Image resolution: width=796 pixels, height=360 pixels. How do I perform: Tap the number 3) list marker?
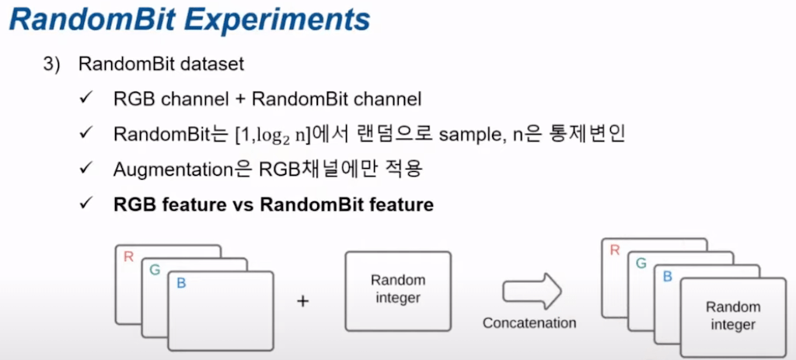coord(52,65)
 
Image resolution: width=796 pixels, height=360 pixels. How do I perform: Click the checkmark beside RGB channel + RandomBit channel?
coord(86,100)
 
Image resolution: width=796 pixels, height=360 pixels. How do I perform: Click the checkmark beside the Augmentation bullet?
coord(86,169)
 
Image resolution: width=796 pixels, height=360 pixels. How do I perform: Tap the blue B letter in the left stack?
coord(181,283)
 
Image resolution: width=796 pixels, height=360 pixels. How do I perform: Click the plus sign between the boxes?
coord(303,300)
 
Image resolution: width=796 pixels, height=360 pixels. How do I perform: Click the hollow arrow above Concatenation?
coord(531,291)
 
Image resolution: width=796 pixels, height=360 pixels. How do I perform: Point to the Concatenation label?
coord(529,322)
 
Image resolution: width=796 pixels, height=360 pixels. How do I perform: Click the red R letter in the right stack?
coord(615,250)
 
